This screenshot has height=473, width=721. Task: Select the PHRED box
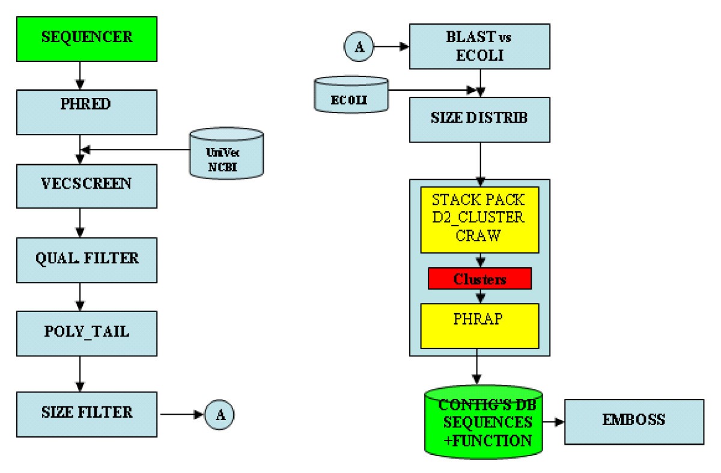[87, 112]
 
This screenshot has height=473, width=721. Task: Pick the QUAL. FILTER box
[87, 260]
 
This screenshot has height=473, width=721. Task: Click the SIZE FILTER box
[87, 414]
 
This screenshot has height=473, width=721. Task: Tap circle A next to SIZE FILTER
[219, 414]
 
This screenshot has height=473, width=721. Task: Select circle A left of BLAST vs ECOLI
[359, 47]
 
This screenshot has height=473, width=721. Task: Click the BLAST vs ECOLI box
[479, 46]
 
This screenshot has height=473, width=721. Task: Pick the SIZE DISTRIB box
[479, 118]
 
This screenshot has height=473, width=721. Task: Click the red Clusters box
[479, 279]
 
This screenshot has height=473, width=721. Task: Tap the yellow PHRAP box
[479, 325]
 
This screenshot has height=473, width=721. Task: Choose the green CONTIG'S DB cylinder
[483, 423]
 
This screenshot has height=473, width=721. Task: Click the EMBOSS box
[634, 421]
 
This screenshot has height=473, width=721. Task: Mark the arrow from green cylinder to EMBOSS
[553, 422]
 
